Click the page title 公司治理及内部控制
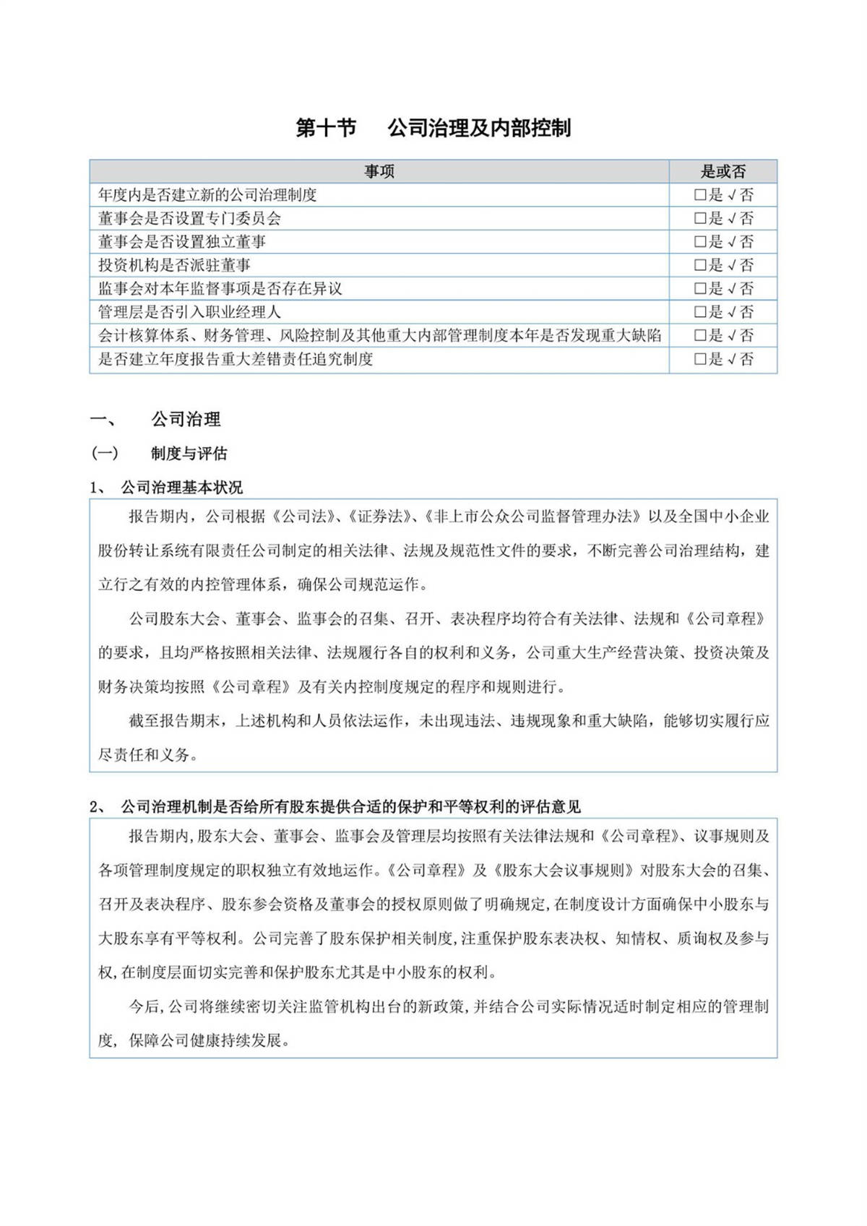479,128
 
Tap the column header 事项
379,171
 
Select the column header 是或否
723,171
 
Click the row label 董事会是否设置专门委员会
189,218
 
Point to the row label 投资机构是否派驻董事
174,265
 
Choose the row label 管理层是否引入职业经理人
189,312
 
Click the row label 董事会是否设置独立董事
182,241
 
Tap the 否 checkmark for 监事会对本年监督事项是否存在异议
733,289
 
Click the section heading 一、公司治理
186,419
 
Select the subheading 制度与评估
189,453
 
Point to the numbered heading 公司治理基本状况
181,488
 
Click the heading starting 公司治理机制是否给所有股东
350,807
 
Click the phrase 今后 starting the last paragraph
144,1006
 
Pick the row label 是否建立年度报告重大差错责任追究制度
236,359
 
